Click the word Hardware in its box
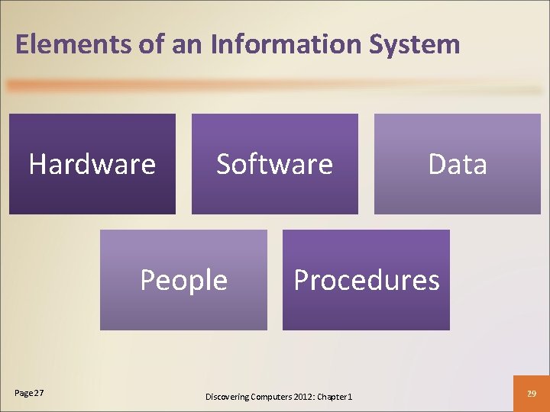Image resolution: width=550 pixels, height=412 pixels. [92, 164]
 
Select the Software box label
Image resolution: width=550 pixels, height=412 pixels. [274, 164]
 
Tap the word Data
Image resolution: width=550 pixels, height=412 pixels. [458, 164]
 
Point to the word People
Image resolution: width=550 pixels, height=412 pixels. [183, 280]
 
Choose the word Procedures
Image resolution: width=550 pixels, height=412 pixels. [367, 280]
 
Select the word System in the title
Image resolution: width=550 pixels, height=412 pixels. [415, 44]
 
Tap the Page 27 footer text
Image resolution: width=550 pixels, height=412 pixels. [29, 392]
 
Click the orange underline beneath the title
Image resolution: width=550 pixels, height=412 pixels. [275, 87]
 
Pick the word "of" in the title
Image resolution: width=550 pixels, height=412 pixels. [150, 44]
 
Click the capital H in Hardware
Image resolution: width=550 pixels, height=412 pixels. [37, 164]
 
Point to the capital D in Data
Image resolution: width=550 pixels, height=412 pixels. [436, 164]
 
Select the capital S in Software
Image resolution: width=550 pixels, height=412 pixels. [224, 164]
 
